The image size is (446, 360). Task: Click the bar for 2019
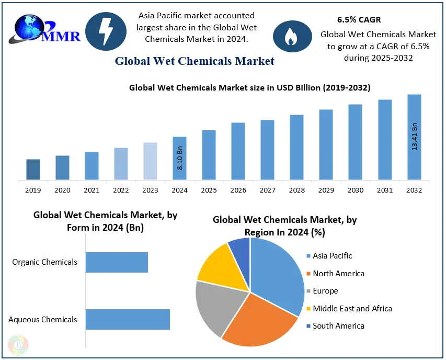click(33, 170)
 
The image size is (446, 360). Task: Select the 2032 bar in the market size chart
click(414, 137)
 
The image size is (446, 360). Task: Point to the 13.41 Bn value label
click(415, 137)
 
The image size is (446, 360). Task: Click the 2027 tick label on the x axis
click(268, 190)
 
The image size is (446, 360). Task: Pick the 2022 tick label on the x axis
click(121, 190)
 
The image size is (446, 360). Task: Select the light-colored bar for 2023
click(150, 161)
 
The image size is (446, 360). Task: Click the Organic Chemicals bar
click(117, 262)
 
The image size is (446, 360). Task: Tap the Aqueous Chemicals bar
click(128, 319)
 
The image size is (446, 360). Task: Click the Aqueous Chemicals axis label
click(43, 319)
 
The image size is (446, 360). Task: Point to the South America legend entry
click(338, 326)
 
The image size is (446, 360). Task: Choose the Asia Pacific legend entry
click(332, 256)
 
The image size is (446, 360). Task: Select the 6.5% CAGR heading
click(359, 20)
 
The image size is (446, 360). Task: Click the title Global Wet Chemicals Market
click(195, 61)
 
